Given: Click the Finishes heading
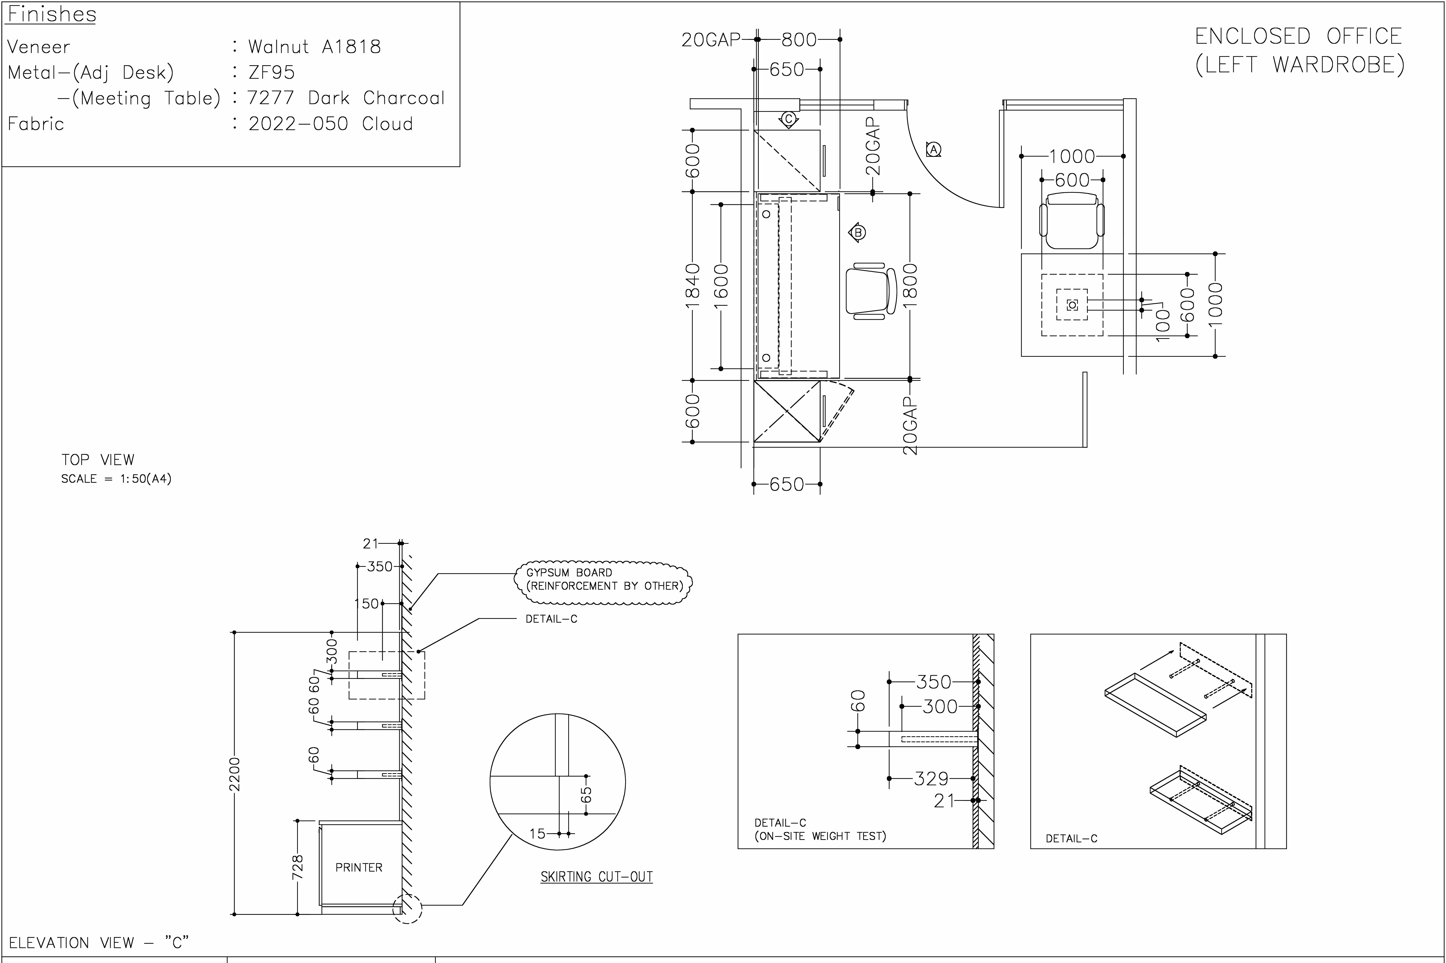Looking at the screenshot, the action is coord(52,14).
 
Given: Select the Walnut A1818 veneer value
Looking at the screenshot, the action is coord(314,47).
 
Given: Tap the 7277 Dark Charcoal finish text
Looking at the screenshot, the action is coord(346,98).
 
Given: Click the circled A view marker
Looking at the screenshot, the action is coord(933,149).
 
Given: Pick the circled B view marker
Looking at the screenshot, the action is coord(858,232).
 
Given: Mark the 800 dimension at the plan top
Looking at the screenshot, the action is coord(799,39).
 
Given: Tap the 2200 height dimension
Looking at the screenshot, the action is coord(234,774).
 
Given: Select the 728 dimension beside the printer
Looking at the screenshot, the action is coord(297,867).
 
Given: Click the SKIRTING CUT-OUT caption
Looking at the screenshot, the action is coord(596,877).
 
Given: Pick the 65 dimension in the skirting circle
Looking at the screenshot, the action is coord(586,795).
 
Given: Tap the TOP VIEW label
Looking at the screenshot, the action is coord(98,459).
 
